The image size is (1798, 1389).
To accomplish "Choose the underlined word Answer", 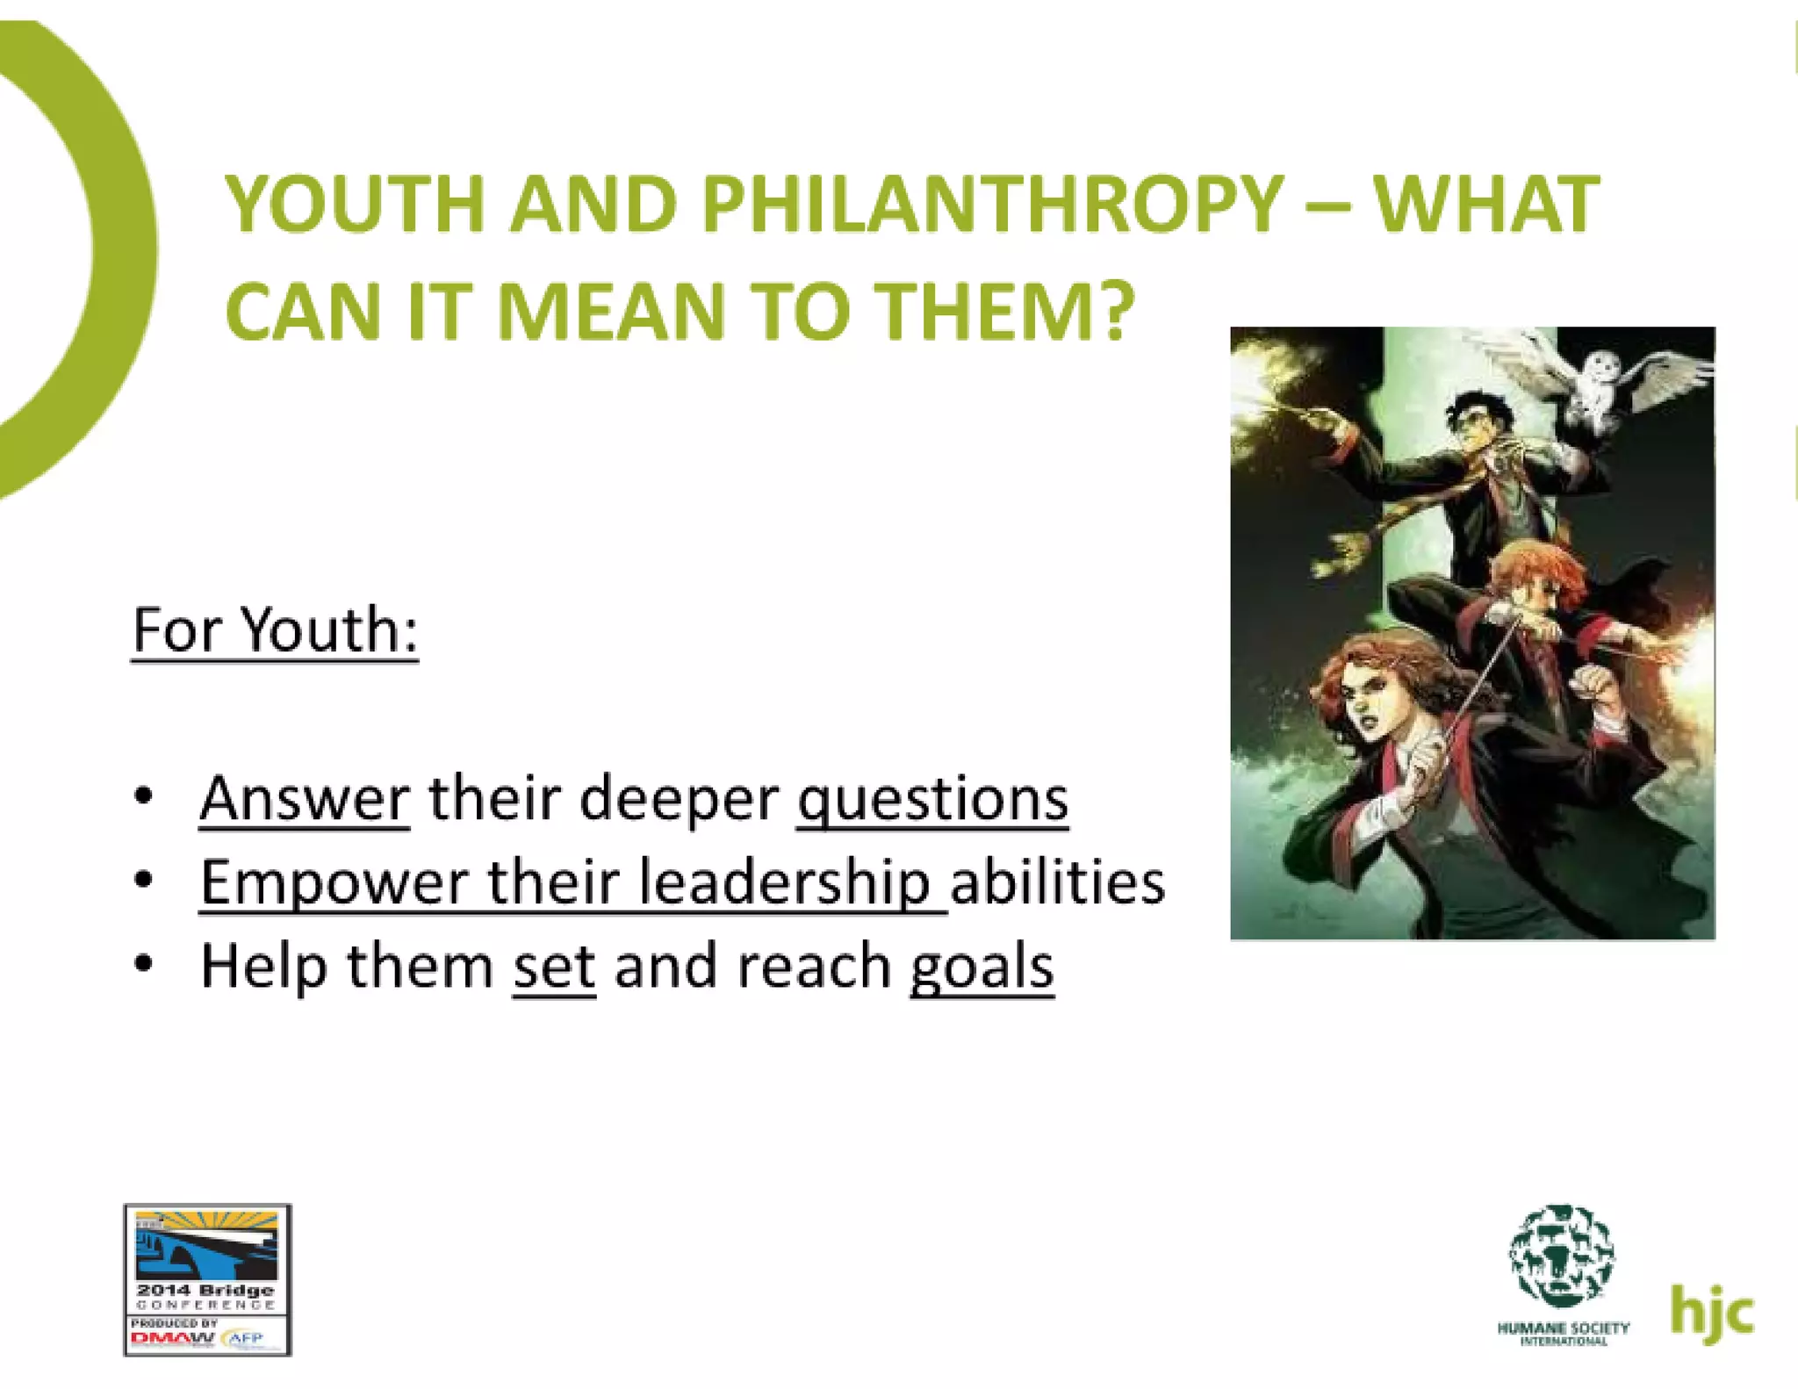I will pos(305,799).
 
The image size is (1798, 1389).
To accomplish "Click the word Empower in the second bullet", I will pos(334,882).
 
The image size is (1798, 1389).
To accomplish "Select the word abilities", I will pos(1057,882).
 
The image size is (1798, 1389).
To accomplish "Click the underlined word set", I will pos(554,966).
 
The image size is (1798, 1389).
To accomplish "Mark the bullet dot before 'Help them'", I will pos(144,965).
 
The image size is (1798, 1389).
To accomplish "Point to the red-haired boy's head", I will pos(1536,579).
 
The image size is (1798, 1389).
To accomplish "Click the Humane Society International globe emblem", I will pos(1562,1256).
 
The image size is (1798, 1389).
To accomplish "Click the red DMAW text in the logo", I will pos(172,1339).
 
